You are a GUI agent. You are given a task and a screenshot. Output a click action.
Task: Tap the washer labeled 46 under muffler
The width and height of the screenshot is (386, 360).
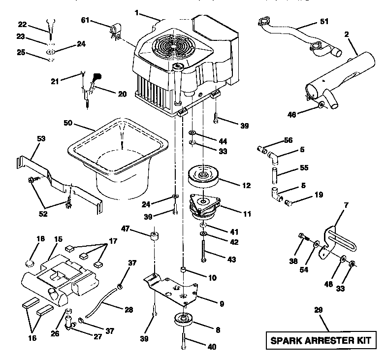click(x=321, y=105)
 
